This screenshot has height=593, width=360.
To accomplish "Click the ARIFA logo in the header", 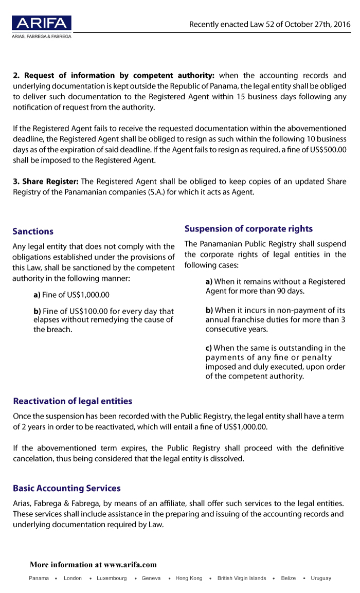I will click(x=42, y=23).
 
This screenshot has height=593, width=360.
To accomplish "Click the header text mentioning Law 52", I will click(x=269, y=24).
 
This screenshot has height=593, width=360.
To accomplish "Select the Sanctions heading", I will click(x=33, y=231).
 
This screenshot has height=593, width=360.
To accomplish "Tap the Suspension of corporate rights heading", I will click(x=248, y=229).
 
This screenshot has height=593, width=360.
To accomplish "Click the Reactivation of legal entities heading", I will click(x=73, y=401).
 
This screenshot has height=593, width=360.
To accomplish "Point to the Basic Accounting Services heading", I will click(x=67, y=488).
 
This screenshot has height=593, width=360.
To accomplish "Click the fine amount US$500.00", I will click(x=329, y=150).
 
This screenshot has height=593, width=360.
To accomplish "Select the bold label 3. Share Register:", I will click(x=46, y=182).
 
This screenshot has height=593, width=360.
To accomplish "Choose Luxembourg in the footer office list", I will click(x=112, y=578).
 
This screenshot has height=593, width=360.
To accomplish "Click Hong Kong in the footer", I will click(x=189, y=578).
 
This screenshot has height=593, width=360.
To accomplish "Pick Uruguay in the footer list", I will click(x=321, y=578).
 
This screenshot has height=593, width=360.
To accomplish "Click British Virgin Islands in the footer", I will click(x=242, y=578).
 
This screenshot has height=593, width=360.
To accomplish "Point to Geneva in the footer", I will click(x=151, y=578).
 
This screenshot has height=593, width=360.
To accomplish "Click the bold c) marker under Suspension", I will click(x=209, y=348).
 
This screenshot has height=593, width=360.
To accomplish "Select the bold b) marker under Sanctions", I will click(x=37, y=311).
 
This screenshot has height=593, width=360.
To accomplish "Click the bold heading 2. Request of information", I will click(x=113, y=76).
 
